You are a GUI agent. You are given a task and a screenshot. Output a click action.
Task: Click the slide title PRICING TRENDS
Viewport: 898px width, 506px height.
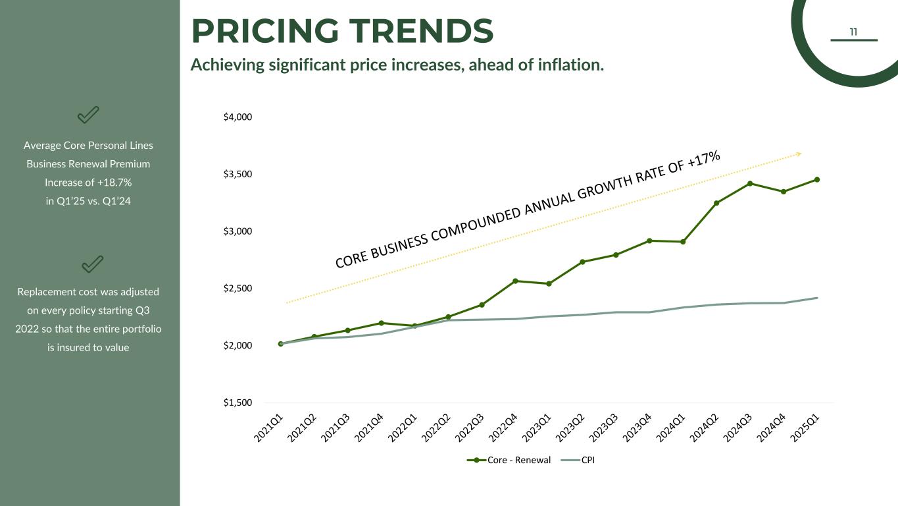pos(342,32)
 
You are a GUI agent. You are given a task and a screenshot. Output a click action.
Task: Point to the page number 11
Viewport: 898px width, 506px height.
pos(853,32)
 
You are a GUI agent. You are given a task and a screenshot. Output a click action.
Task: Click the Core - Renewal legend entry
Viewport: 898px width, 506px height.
pos(509,460)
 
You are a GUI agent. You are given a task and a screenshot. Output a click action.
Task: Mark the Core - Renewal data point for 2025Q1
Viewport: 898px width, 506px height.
pos(817,179)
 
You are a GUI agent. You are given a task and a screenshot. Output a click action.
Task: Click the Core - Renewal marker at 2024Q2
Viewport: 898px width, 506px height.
pos(716,203)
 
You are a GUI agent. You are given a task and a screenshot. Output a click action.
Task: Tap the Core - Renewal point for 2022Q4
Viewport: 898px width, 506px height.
pos(515,281)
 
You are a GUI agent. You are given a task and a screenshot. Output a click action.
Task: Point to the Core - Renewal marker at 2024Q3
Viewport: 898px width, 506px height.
pos(750,183)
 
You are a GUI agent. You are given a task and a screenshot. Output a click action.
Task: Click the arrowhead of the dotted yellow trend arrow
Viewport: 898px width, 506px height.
pos(799,154)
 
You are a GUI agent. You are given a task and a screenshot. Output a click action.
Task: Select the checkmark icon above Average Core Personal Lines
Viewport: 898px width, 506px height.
pos(88,115)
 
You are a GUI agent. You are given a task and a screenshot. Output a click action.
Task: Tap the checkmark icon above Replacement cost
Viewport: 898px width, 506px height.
pos(91,264)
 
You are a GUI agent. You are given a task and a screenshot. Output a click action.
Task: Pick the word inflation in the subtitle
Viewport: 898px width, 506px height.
pos(572,65)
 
